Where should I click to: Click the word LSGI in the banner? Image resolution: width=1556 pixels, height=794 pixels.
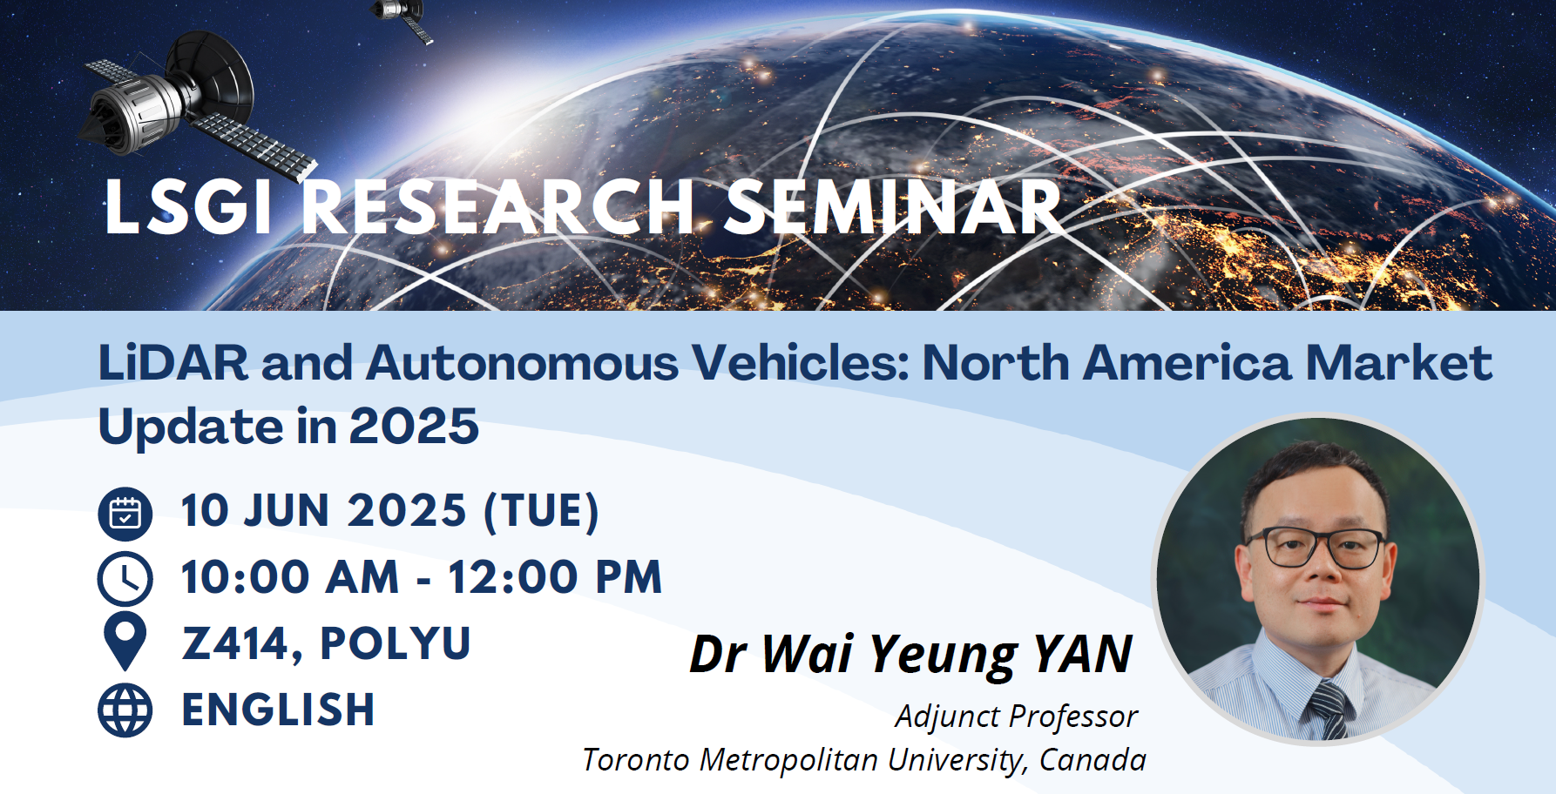click(x=188, y=207)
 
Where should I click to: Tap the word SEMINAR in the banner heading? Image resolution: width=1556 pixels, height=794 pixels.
click(x=893, y=207)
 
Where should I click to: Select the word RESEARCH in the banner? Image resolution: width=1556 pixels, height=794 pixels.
click(x=499, y=207)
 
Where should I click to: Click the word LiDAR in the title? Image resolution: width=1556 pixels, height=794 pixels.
click(x=173, y=362)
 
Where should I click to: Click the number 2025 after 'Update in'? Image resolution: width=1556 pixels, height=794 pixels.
click(x=414, y=426)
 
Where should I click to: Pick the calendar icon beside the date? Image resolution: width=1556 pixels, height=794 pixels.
click(x=125, y=514)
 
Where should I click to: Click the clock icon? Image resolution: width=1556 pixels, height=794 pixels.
click(x=125, y=579)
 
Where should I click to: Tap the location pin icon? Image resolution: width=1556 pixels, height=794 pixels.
click(x=125, y=642)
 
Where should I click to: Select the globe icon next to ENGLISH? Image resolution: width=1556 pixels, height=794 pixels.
click(x=125, y=710)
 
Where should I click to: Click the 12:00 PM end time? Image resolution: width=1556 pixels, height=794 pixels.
click(x=555, y=577)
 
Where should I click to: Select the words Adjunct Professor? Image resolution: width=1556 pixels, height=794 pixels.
click(x=1016, y=717)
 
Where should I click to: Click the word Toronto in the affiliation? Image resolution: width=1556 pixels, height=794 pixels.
click(x=637, y=759)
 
